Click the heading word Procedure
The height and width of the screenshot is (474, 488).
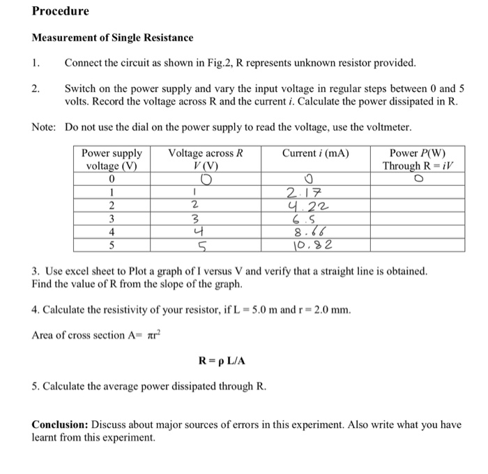pyautogui.click(x=61, y=12)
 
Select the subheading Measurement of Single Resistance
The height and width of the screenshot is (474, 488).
pyautogui.click(x=113, y=37)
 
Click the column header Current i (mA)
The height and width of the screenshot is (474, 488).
pyautogui.click(x=316, y=154)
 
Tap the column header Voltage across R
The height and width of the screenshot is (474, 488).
pyautogui.click(x=206, y=154)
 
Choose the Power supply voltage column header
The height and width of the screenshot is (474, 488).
pyautogui.click(x=112, y=160)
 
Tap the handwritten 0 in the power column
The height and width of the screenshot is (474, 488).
pyautogui.click(x=418, y=179)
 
